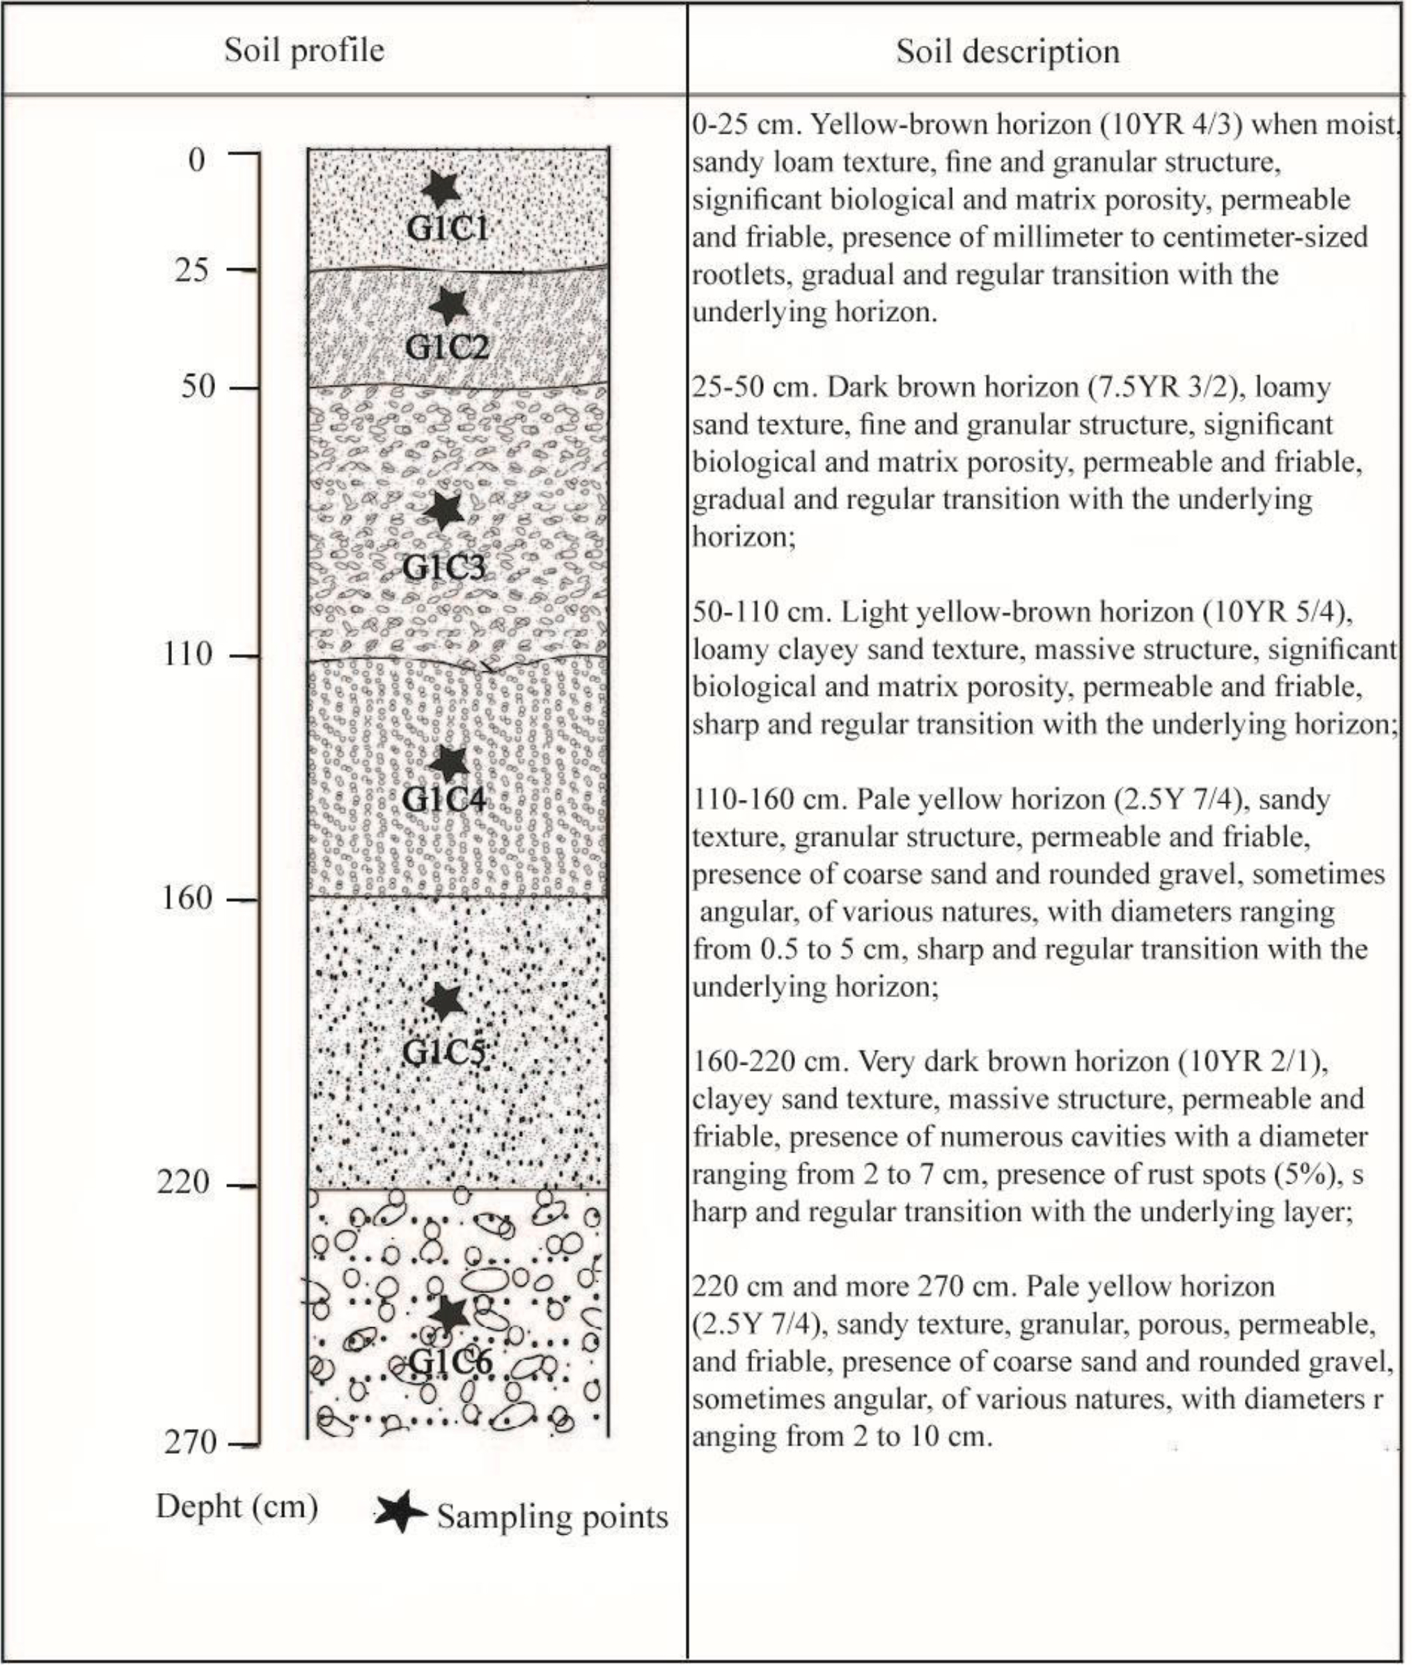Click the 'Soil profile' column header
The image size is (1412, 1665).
point(304,50)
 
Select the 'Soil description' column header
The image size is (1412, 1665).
point(1007,52)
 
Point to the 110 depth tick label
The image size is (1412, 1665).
point(188,655)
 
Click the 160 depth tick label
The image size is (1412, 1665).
point(188,898)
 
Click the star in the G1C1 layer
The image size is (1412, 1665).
point(440,188)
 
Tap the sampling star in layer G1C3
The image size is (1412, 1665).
point(444,510)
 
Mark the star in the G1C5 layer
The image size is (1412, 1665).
point(445,1001)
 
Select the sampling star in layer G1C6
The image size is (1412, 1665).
point(449,1312)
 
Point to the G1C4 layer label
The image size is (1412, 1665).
point(444,799)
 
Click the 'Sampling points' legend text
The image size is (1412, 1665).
point(552,1517)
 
